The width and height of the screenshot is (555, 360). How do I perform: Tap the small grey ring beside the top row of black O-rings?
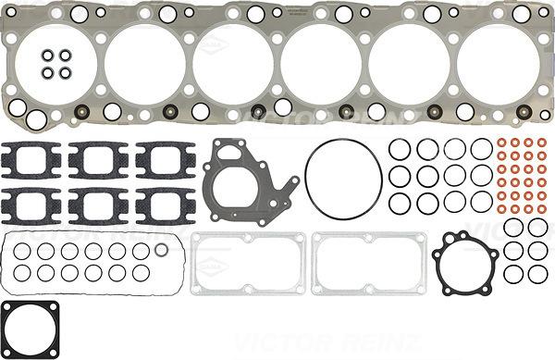coord(163,251)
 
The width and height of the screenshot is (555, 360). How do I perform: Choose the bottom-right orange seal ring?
coord(541,209)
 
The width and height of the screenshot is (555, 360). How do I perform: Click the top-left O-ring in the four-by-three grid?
coord(400,149)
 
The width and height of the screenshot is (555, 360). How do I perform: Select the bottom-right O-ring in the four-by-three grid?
coord(480,201)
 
